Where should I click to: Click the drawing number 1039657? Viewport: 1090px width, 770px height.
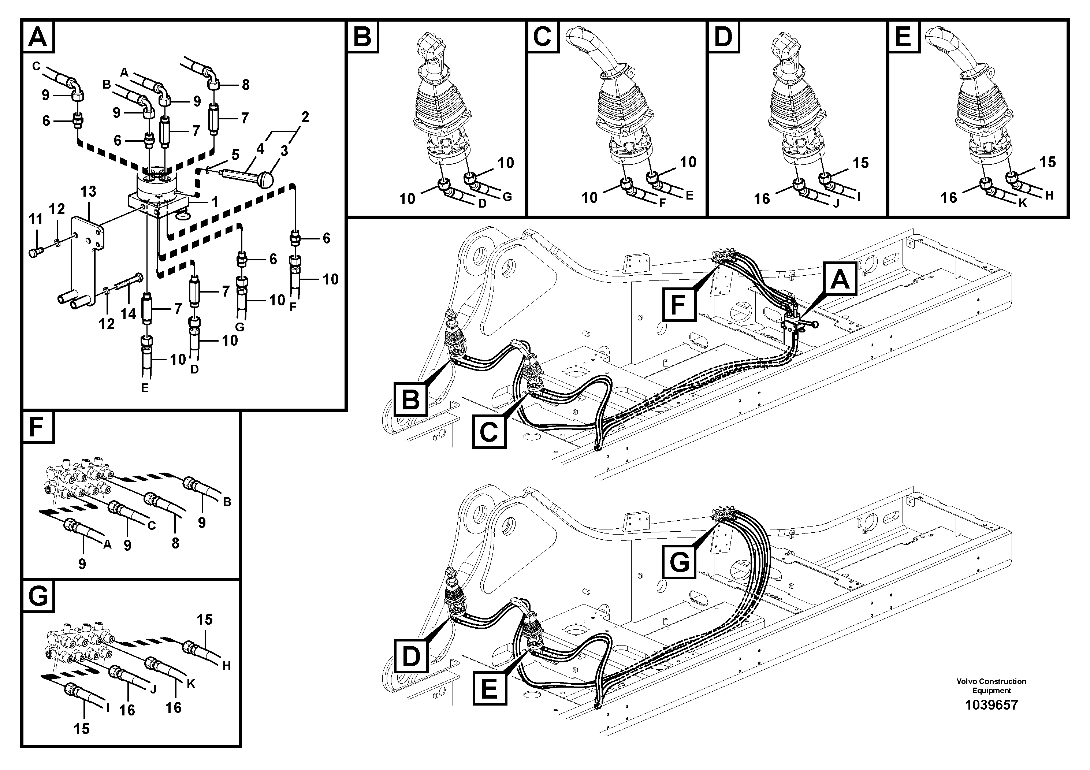991,704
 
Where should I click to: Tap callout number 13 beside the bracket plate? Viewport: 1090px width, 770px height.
88,192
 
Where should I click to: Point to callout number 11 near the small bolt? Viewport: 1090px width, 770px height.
36,219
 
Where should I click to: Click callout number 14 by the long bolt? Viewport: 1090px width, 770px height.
129,313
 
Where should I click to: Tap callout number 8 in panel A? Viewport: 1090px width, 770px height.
245,85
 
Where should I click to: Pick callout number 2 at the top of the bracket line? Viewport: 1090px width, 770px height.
305,117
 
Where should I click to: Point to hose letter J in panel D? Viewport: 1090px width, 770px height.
836,204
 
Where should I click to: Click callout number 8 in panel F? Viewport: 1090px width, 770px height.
175,543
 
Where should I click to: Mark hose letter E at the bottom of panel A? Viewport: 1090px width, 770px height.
145,388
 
